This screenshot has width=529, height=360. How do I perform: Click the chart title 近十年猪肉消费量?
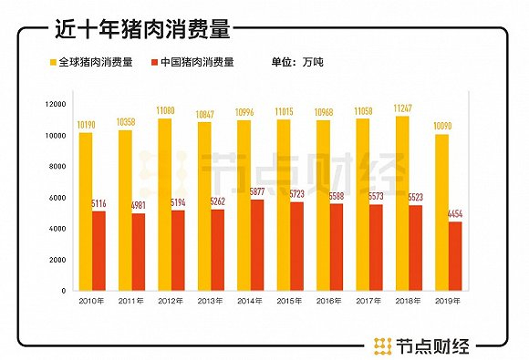coord(140,28)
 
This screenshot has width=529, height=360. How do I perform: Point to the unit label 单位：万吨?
coord(297,63)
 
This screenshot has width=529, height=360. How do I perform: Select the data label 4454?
coord(455,214)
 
